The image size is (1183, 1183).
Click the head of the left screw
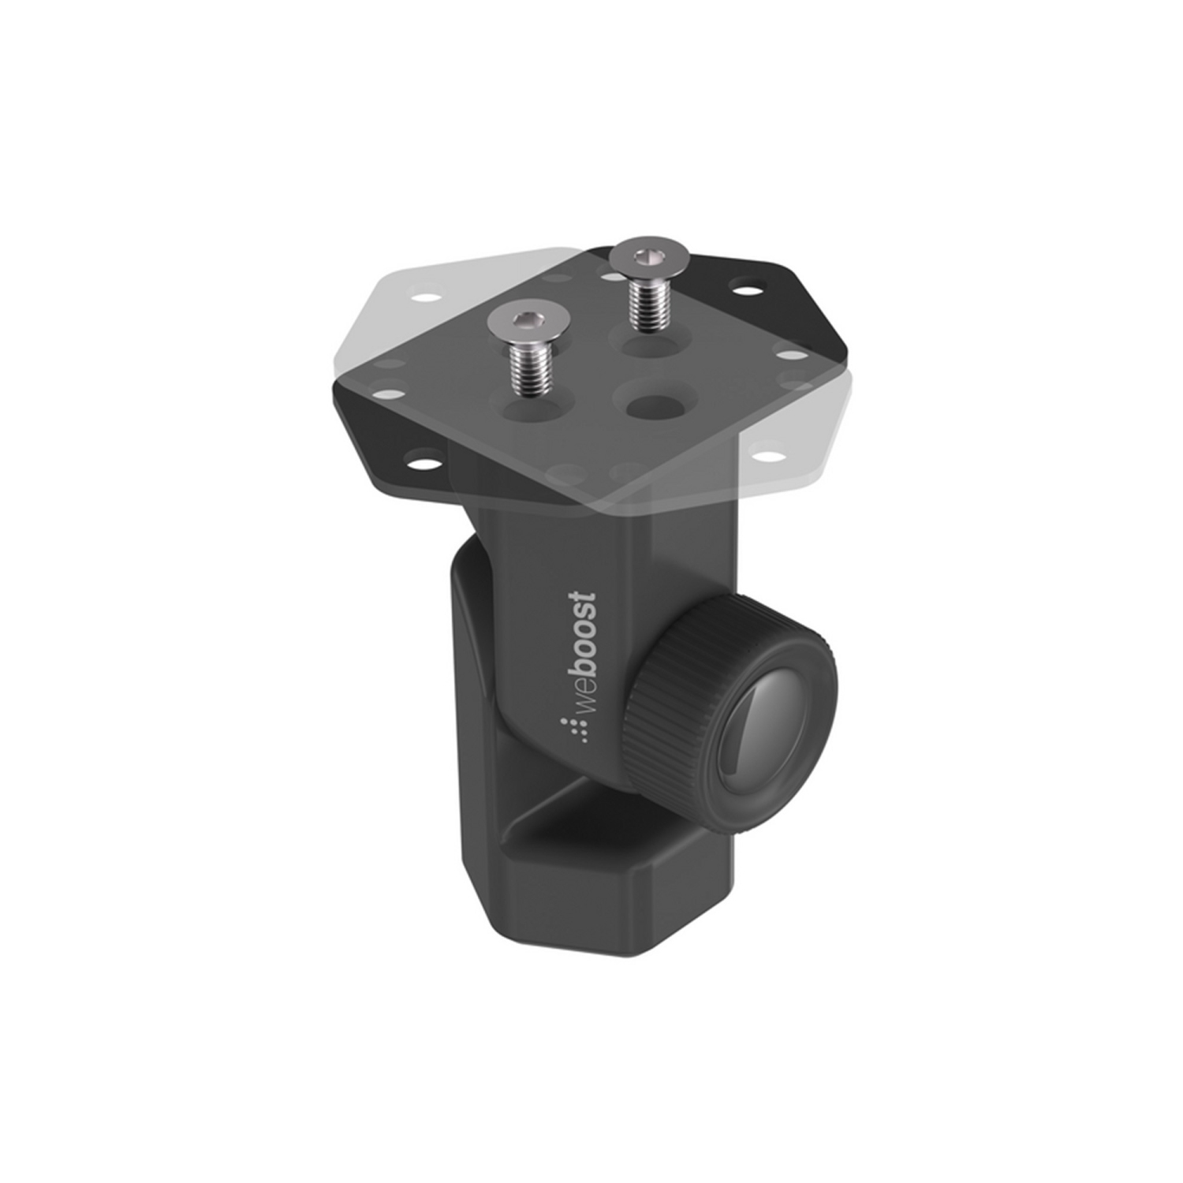pyautogui.click(x=524, y=323)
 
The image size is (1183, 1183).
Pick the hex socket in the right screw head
pyautogui.click(x=648, y=256)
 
